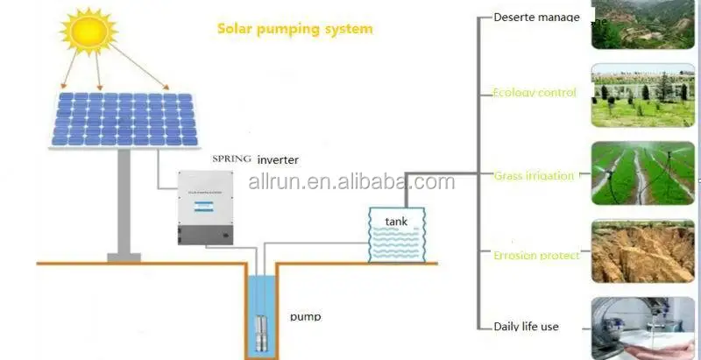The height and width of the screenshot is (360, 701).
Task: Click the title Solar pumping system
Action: [x=294, y=29]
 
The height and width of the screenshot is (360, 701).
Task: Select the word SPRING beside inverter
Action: [x=232, y=159]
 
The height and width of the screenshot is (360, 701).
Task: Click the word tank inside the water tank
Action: [x=397, y=222]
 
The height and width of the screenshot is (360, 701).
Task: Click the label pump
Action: [x=305, y=316]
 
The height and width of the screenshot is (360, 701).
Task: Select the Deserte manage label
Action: [x=536, y=17]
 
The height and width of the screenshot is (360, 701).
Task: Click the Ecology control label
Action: [x=535, y=92]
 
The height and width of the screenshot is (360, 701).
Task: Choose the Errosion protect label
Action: [x=536, y=255]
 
